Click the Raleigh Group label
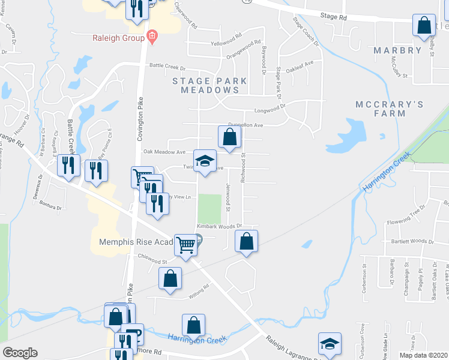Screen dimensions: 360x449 118,38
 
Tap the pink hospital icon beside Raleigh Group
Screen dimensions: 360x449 152,38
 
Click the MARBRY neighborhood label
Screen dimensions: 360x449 398,50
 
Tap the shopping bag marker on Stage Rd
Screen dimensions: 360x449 424,26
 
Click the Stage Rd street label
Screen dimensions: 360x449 334,18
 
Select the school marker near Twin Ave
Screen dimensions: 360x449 205,161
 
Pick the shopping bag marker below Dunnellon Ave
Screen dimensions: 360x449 229,137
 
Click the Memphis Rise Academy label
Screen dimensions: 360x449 136,242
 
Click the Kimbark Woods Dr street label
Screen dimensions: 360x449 218,226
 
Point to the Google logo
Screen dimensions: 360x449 20,353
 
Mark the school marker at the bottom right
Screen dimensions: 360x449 330,344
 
